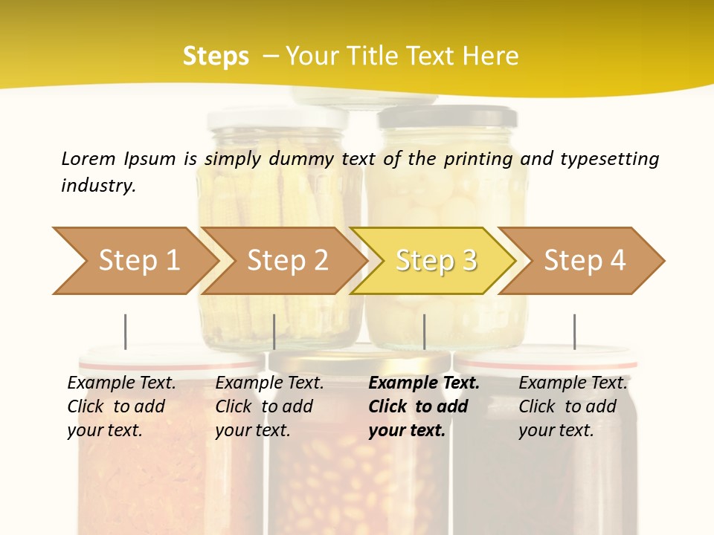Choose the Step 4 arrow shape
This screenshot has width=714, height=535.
pos(584,261)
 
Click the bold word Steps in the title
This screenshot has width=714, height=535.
pos(216,56)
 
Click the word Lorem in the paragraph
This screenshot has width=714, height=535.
pos(89,158)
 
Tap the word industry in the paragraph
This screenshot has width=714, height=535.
pos(97,185)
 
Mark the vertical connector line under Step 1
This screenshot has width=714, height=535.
pos(126,331)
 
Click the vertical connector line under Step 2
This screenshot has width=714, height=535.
pos(274,331)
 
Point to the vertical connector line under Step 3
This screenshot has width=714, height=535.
pos(424,331)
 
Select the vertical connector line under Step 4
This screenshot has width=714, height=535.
pos(574,331)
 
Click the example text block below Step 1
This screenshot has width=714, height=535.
pos(121,406)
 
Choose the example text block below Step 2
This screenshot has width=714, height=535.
pos(269,406)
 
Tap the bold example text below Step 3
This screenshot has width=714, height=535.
pos(423,406)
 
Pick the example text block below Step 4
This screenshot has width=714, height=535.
pos(573,406)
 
